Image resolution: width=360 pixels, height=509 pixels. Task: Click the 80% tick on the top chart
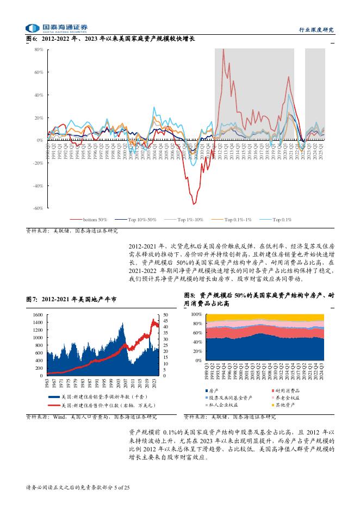(x=39, y=49)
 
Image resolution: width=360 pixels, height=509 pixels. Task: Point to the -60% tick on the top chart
(x=38, y=208)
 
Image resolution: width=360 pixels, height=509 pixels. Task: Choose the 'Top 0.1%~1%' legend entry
(x=238, y=219)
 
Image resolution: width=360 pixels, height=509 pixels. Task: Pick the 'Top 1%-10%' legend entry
(x=188, y=219)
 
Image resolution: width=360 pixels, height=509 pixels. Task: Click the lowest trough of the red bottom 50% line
(x=193, y=203)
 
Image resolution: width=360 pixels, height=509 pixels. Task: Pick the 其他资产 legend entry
(x=289, y=405)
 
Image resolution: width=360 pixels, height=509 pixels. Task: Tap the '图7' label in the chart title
(x=31, y=299)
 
